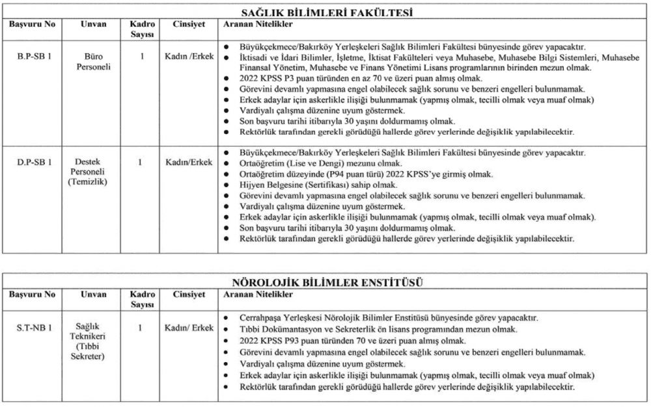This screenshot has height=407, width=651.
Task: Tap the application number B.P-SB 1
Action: pyautogui.click(x=34, y=57)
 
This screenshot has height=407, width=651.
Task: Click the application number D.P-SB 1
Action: pyautogui.click(x=35, y=161)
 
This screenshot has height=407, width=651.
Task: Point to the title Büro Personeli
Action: pyautogui.click(x=94, y=62)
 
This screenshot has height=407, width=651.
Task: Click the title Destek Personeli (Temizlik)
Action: pyautogui.click(x=94, y=172)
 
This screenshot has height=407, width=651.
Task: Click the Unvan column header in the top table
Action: pyautogui.click(x=94, y=24)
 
